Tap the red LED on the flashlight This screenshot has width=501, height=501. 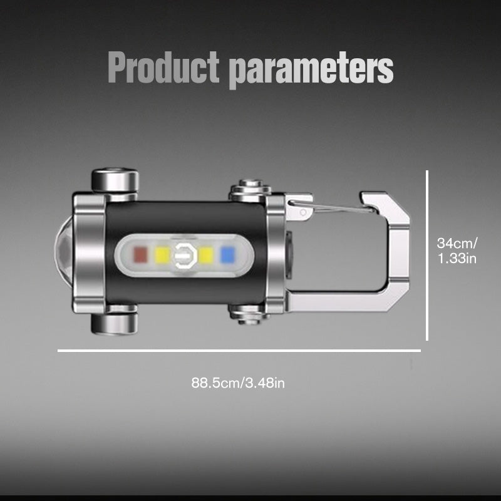(140, 254)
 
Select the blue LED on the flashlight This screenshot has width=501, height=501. (227, 254)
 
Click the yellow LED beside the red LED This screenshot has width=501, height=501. (162, 254)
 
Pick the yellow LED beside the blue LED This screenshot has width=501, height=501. (207, 254)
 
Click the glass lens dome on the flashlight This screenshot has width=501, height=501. (64, 254)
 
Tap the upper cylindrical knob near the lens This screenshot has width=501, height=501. (115, 180)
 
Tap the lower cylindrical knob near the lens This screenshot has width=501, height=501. (115, 323)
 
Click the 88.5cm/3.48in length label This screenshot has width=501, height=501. (238, 382)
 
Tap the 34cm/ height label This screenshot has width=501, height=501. (457, 242)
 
